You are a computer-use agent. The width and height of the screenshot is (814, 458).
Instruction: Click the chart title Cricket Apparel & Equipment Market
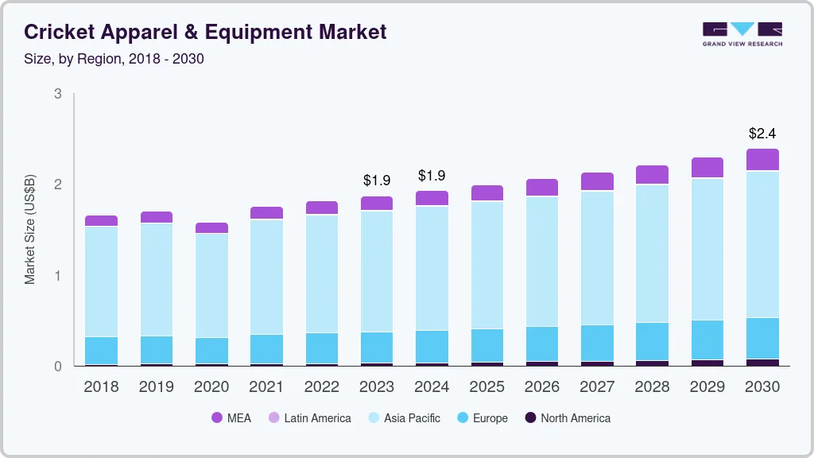pos(205,32)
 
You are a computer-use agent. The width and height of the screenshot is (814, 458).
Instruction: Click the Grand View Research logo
pos(742,33)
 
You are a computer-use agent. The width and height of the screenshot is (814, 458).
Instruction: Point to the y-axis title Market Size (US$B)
pos(30,228)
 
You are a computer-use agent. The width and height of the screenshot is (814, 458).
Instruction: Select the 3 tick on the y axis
pos(58,94)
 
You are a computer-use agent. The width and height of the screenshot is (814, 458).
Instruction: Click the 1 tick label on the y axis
pos(58,276)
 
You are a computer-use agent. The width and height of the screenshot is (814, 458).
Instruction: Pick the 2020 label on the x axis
pos(211,387)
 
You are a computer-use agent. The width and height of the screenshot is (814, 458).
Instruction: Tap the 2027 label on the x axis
pos(597,387)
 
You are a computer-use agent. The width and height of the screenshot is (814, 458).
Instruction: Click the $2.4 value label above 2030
pos(762,134)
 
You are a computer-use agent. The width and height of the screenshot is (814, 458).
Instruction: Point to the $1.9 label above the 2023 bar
pos(377,180)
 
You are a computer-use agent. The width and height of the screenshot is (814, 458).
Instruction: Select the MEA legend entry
pos(231,418)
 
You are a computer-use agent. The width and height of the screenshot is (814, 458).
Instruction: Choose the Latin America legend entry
pos(309,418)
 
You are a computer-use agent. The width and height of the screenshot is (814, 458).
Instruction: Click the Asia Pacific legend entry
pos(403,418)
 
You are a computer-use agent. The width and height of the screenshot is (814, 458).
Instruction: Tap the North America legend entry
pos(567,418)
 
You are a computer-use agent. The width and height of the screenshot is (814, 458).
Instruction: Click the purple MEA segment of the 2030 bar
pos(762,160)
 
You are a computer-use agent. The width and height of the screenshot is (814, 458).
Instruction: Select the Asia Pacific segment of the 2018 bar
pos(101,281)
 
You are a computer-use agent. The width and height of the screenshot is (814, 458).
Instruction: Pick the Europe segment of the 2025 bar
pos(486,345)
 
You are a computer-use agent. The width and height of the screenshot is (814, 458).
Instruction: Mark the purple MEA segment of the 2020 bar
pos(211,228)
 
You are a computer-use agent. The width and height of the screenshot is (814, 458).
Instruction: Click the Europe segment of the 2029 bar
pos(707,340)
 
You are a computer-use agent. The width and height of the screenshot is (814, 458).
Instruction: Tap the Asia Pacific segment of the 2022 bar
pos(322,274)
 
